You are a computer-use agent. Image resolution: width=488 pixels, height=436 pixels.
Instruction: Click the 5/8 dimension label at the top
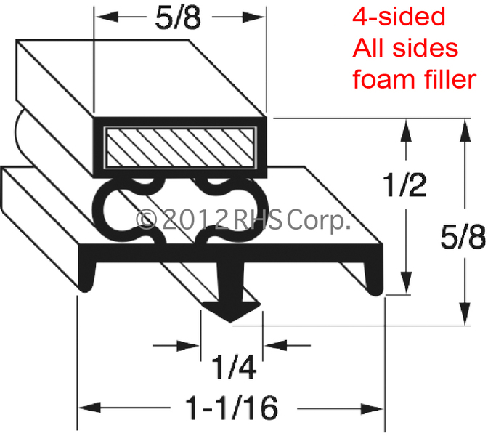pyautogui.click(x=178, y=18)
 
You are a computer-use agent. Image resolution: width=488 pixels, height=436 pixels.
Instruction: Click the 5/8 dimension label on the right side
pyautogui.click(x=463, y=237)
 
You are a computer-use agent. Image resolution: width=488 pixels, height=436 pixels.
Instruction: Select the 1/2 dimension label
pyautogui.click(x=405, y=185)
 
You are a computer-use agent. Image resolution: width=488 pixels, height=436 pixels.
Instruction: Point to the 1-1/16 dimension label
pyautogui.click(x=232, y=408)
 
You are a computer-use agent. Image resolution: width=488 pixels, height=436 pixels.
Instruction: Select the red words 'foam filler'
pyautogui.click(x=414, y=79)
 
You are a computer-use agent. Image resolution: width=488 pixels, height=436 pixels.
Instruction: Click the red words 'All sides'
pyautogui.click(x=405, y=48)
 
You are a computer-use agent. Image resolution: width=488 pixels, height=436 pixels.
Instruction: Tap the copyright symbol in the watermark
pyautogui.click(x=146, y=219)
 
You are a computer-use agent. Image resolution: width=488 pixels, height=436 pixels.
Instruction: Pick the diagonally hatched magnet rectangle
pyautogui.click(x=180, y=148)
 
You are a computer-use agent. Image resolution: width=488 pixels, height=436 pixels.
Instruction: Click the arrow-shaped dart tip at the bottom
pyautogui.click(x=230, y=312)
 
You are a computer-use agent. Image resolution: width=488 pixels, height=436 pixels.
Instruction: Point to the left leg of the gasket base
pyautogui.click(x=86, y=275)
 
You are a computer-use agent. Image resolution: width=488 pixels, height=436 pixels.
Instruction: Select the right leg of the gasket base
pyautogui.click(x=373, y=277)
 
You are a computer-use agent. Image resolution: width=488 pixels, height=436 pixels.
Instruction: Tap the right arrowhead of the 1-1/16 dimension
pyautogui.click(x=372, y=408)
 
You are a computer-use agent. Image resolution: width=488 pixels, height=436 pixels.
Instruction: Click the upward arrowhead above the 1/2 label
pyautogui.click(x=406, y=131)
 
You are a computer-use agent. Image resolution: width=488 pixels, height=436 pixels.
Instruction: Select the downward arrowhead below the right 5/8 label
pyautogui.click(x=465, y=314)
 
